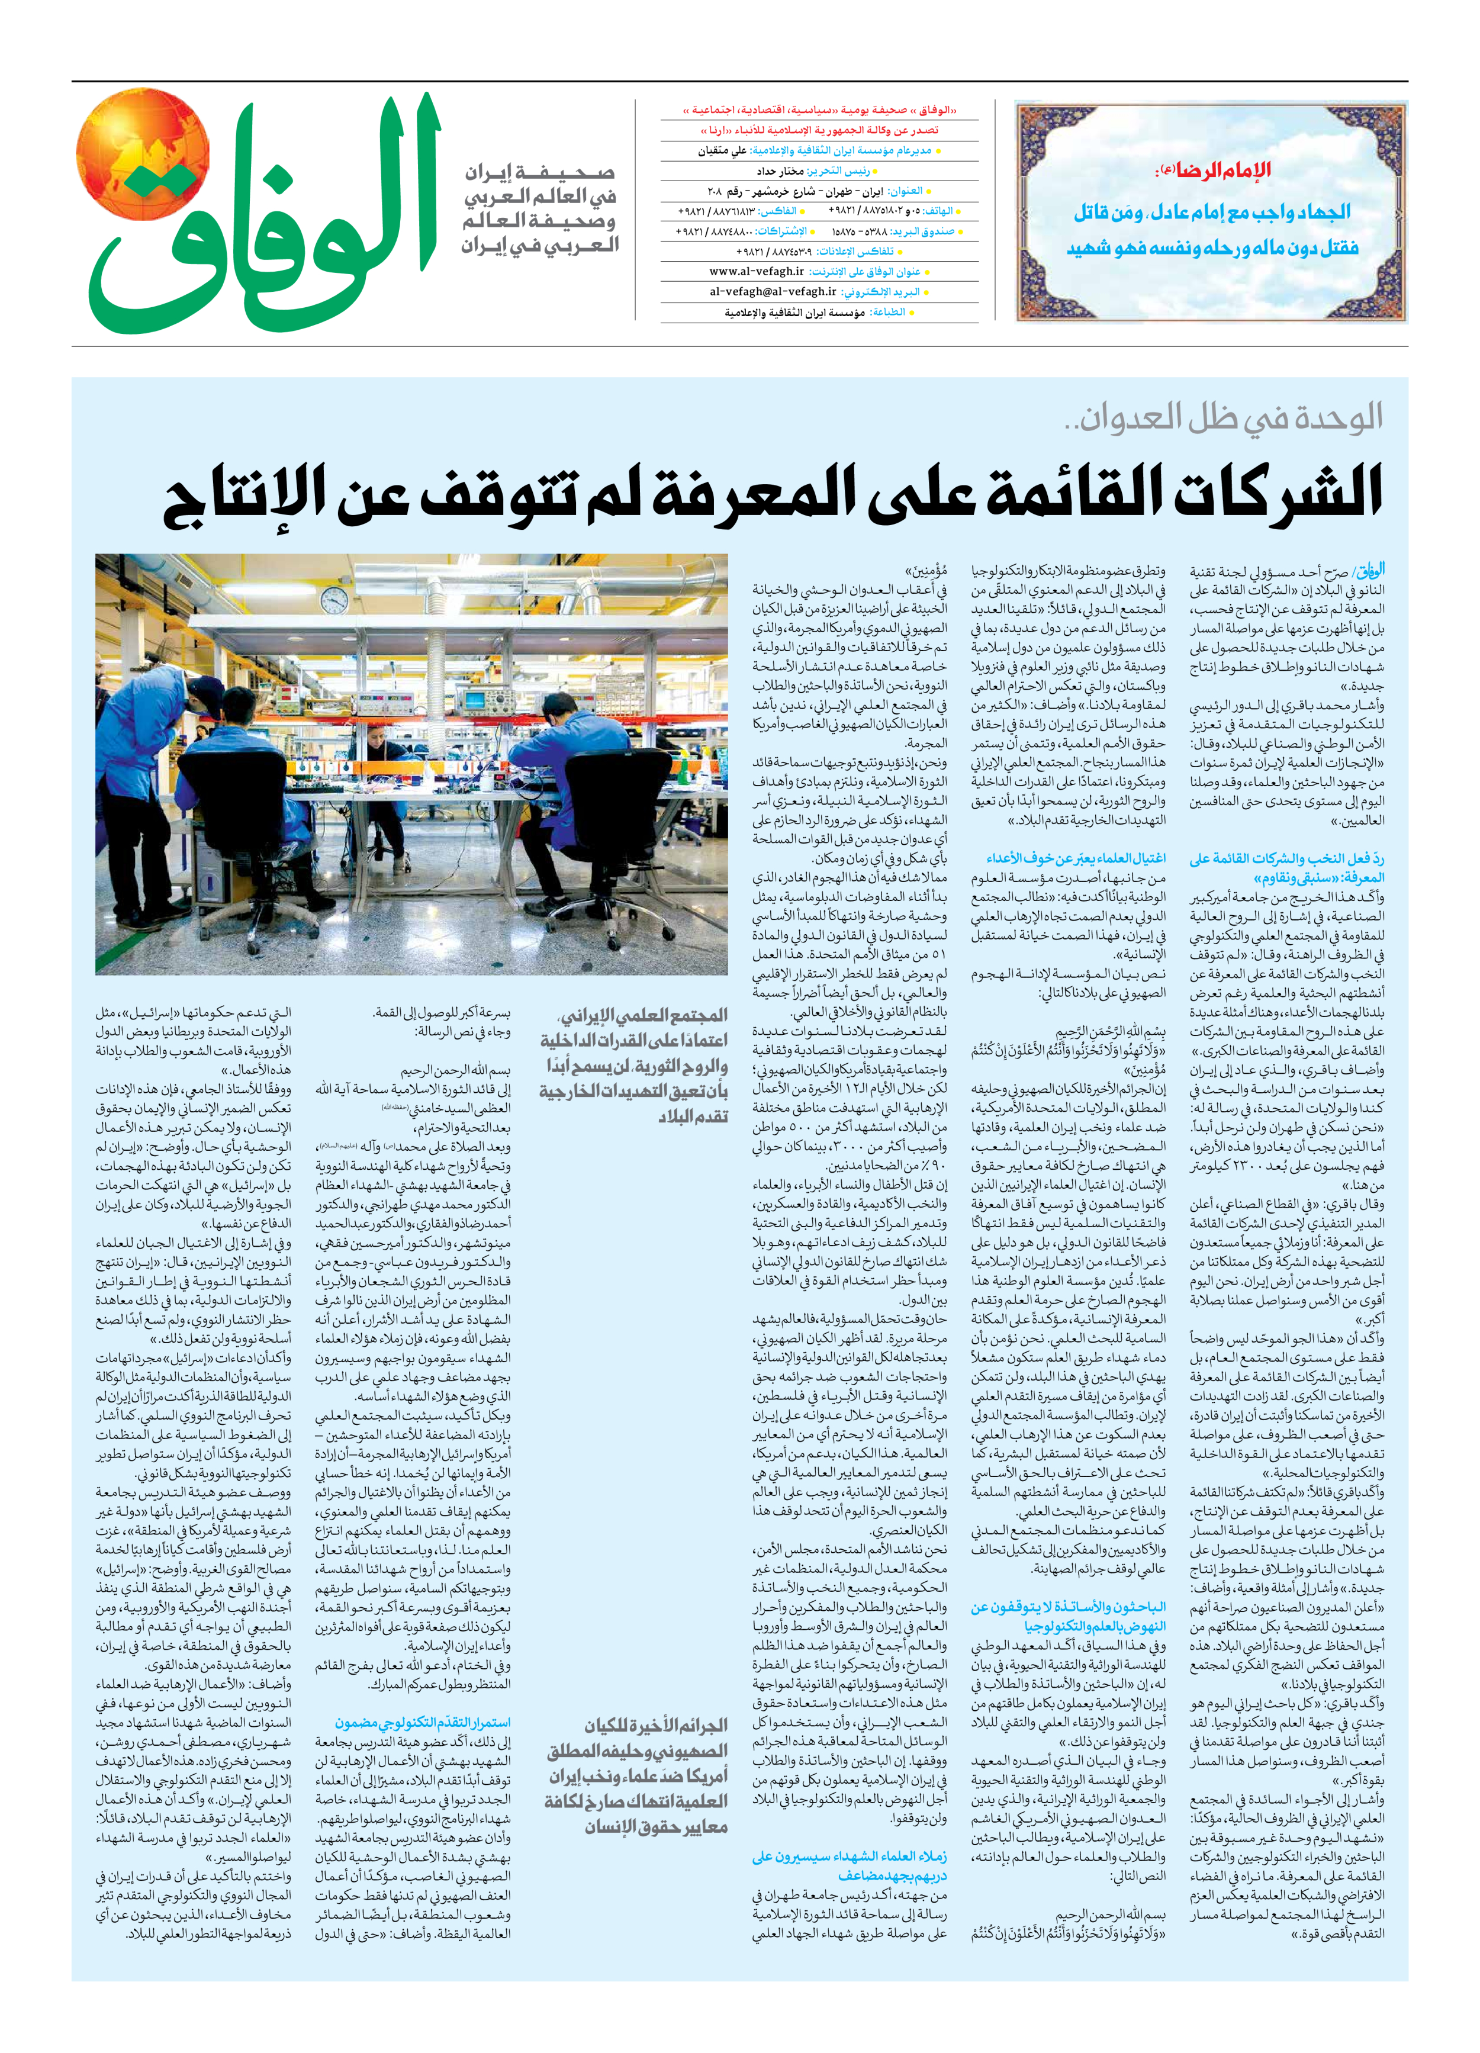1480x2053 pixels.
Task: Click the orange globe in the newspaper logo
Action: click(x=143, y=155)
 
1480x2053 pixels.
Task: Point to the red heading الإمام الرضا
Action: click(x=1218, y=169)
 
